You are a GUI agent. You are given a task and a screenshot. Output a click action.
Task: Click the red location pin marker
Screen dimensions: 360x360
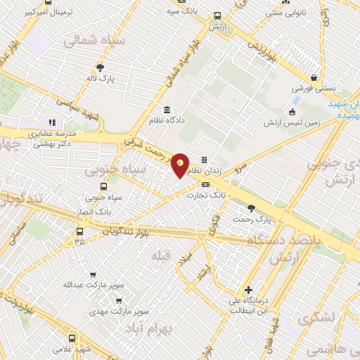click(181, 165)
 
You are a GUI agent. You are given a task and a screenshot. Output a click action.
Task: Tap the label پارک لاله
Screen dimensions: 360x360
click(101, 79)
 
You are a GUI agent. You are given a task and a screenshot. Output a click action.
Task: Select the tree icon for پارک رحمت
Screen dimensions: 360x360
click(252, 207)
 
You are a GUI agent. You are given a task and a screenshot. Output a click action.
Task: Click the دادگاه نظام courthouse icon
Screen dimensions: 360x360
click(167, 110)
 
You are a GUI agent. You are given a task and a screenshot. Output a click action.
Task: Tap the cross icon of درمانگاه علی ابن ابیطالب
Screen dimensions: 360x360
click(247, 290)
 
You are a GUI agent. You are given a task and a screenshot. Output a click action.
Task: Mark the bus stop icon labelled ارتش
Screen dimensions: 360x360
click(216, 15)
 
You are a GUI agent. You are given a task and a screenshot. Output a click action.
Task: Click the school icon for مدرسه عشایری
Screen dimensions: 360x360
click(51, 122)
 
